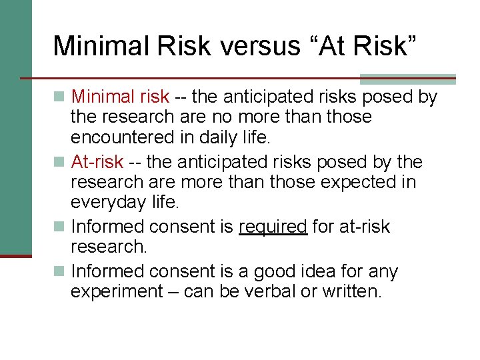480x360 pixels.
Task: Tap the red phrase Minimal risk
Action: pyautogui.click(x=120, y=97)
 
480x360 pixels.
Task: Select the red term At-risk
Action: pyautogui.click(x=97, y=162)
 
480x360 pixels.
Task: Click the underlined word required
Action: pyautogui.click(x=273, y=227)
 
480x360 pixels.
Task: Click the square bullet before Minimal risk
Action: pyautogui.click(x=61, y=97)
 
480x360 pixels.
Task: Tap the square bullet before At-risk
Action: pyautogui.click(x=61, y=163)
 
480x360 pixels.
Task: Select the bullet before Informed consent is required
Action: pyautogui.click(x=61, y=227)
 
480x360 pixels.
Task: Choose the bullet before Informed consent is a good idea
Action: pyautogui.click(x=61, y=272)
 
